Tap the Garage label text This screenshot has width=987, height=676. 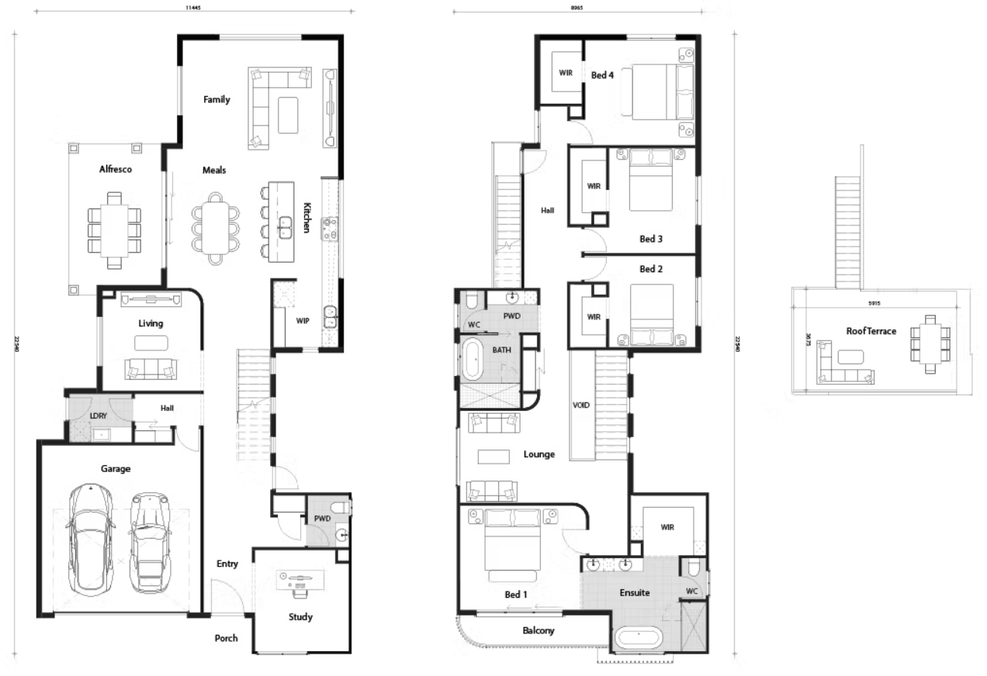(115, 468)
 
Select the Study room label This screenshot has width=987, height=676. (300, 617)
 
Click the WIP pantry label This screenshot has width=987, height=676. (303, 319)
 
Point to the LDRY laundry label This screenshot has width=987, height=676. (99, 416)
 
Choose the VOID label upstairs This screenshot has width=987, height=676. (582, 404)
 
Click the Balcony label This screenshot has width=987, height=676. (539, 630)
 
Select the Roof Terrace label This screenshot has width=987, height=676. (871, 331)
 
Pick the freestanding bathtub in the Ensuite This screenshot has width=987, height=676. (639, 640)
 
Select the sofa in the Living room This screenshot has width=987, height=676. (151, 370)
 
